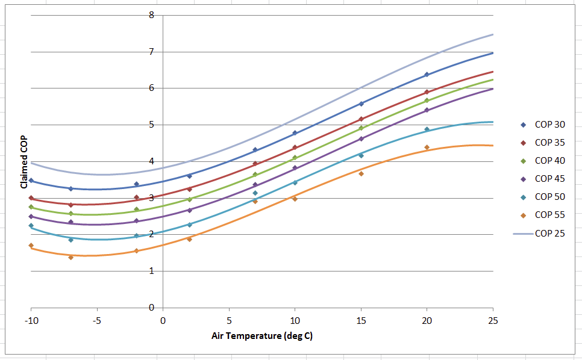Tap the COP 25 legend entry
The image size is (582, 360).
(x=539, y=234)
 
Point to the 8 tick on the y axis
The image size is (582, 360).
(x=151, y=15)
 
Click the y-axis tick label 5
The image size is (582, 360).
(x=151, y=125)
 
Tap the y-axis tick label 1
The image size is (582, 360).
(x=151, y=271)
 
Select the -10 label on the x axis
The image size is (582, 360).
(x=31, y=321)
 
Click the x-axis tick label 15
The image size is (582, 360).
(x=361, y=321)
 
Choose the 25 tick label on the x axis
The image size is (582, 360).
(x=493, y=321)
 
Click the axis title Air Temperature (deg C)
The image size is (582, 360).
(x=262, y=336)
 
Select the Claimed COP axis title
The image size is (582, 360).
(x=23, y=162)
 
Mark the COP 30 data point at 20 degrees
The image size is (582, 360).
(x=427, y=75)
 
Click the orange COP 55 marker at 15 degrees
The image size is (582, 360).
(x=361, y=174)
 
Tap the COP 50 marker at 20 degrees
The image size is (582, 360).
(x=427, y=129)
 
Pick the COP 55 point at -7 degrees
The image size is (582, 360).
(x=71, y=257)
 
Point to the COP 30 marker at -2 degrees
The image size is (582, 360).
(x=137, y=184)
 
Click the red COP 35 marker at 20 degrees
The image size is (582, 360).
(x=427, y=92)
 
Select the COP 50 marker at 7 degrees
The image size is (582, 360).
(x=255, y=193)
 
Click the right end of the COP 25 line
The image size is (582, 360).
(x=493, y=34)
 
